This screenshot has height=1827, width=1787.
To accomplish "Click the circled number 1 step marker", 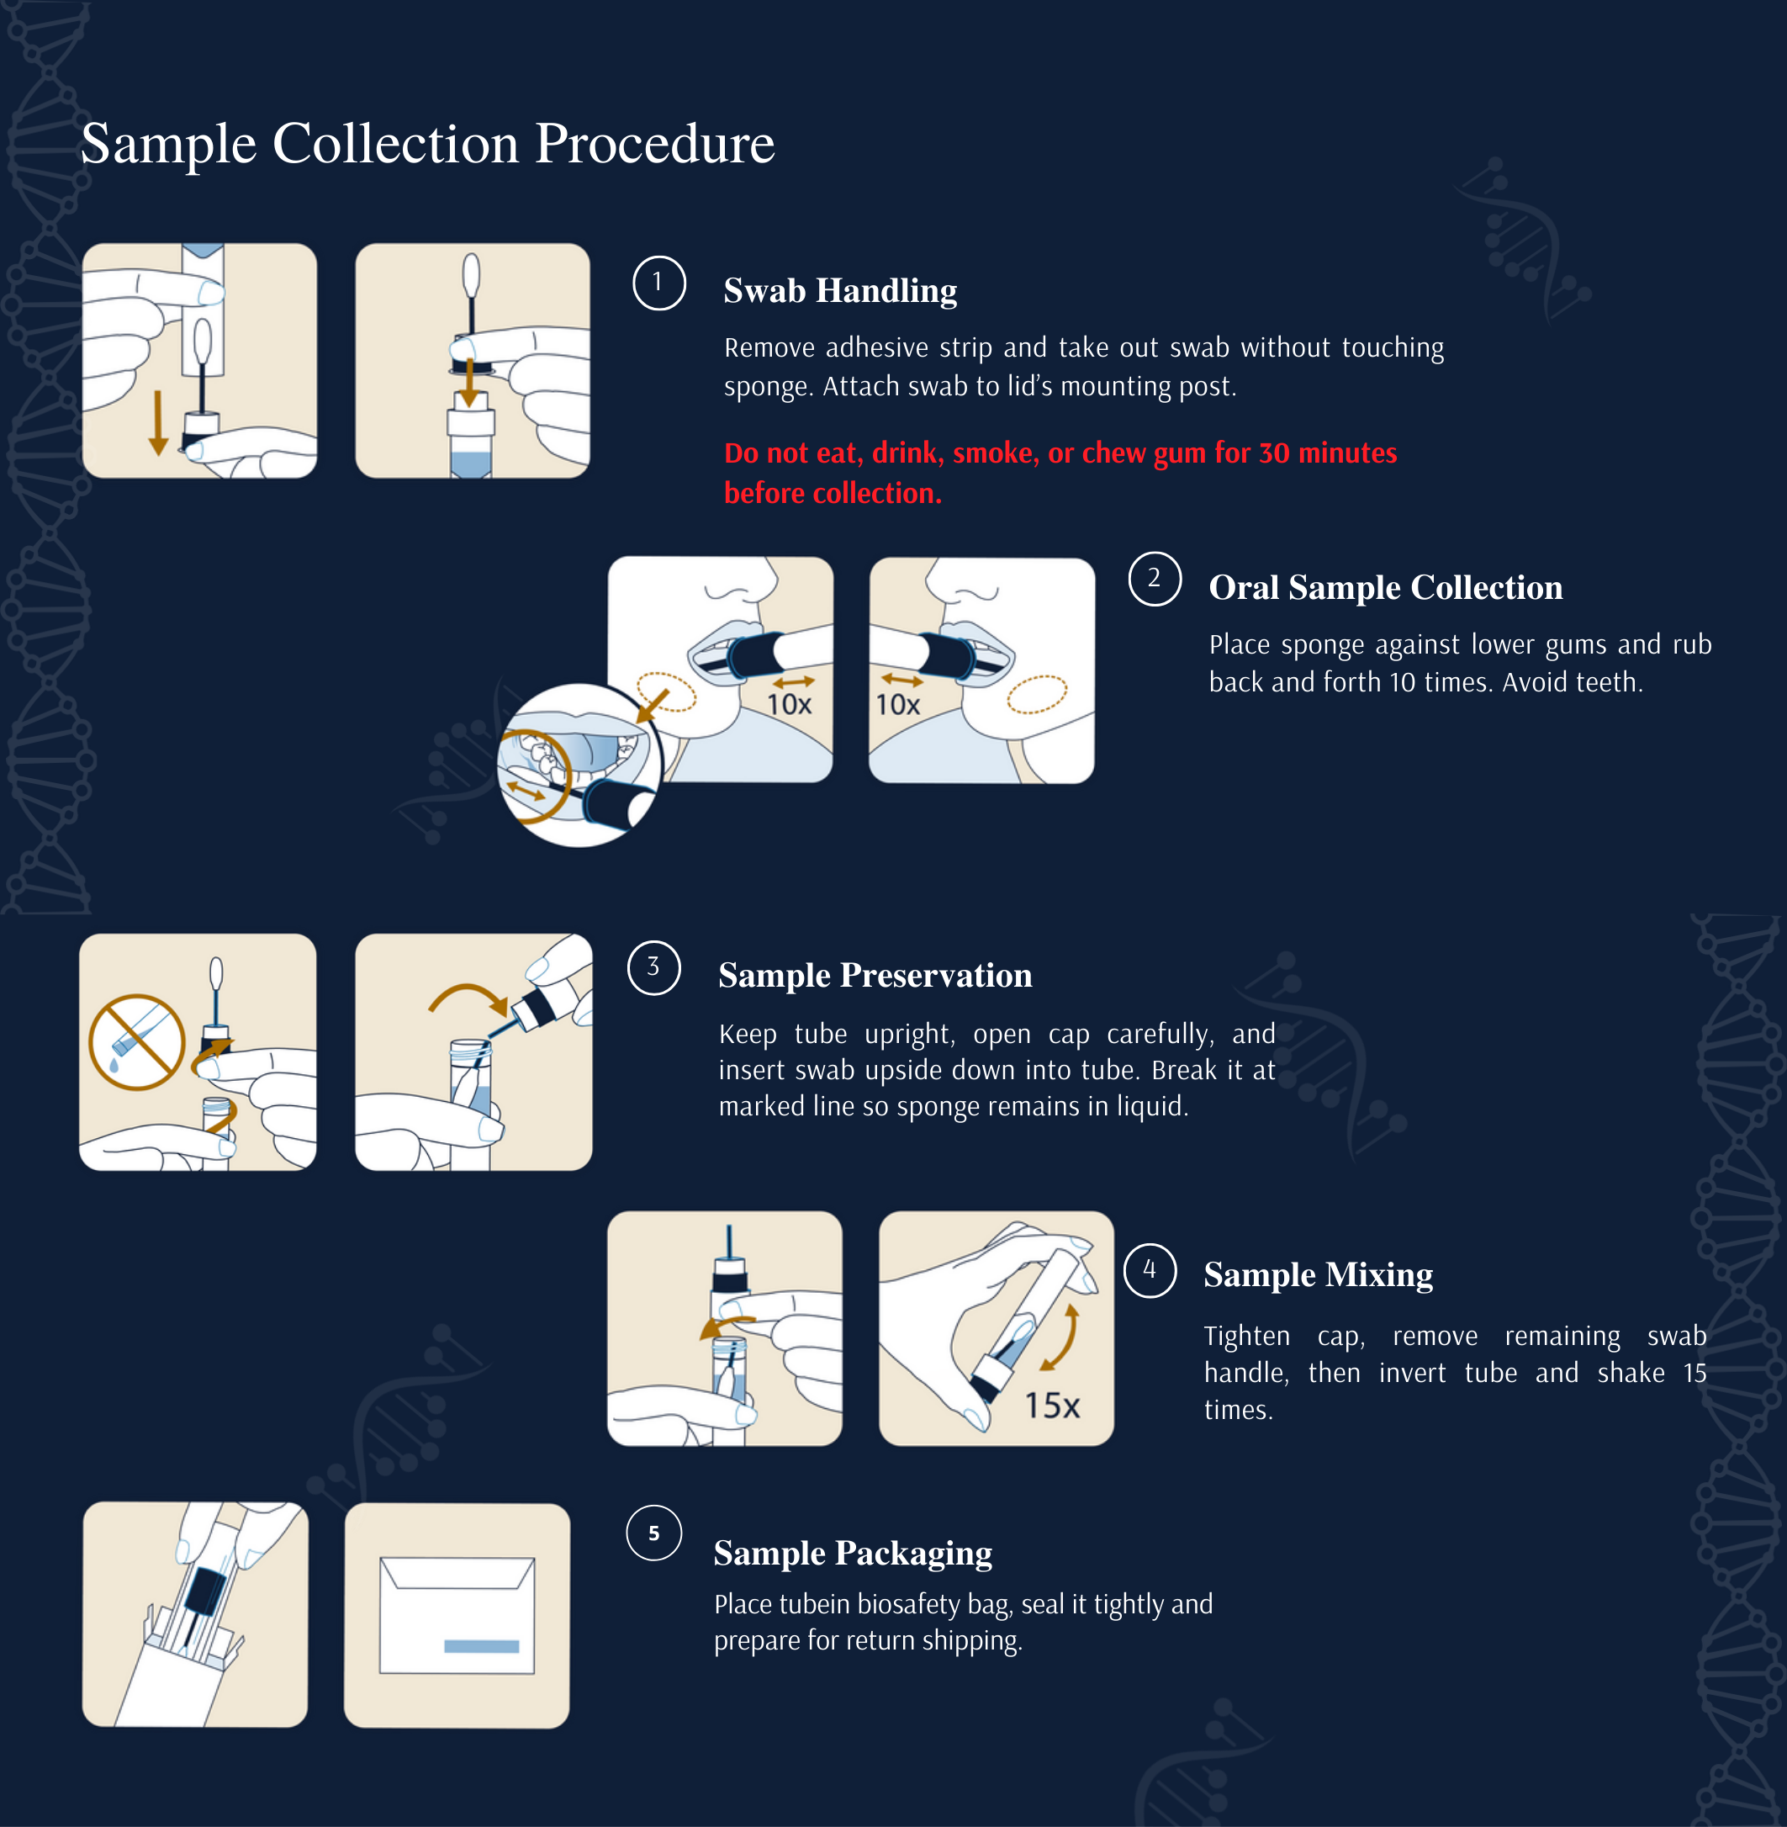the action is click(658, 283).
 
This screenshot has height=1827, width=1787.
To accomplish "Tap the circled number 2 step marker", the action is click(1155, 579).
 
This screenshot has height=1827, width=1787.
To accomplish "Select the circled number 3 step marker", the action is click(653, 968).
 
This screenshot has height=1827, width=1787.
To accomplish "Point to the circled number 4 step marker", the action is click(1150, 1270).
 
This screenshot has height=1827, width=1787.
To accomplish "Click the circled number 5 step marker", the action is click(653, 1533).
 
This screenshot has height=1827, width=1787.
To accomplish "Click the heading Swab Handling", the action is click(840, 291).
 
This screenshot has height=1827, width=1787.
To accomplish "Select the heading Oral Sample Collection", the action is click(1385, 588).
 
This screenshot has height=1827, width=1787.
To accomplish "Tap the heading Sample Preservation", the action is click(875, 977).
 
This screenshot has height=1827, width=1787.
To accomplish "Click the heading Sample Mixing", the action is click(1318, 1276).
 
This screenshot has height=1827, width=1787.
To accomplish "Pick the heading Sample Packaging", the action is click(852, 1554).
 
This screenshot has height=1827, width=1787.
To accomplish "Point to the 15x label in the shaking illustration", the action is click(1052, 1406).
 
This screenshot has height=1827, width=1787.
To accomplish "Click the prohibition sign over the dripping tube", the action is click(137, 1041).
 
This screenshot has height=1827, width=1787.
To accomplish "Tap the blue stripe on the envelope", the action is click(482, 1647).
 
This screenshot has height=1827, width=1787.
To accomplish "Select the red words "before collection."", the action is click(833, 493).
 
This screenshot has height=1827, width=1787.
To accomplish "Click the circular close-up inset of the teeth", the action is click(579, 765).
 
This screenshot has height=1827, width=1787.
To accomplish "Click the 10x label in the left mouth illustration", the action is click(789, 704).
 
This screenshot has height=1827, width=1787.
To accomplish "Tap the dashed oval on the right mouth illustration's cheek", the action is click(1037, 695).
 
